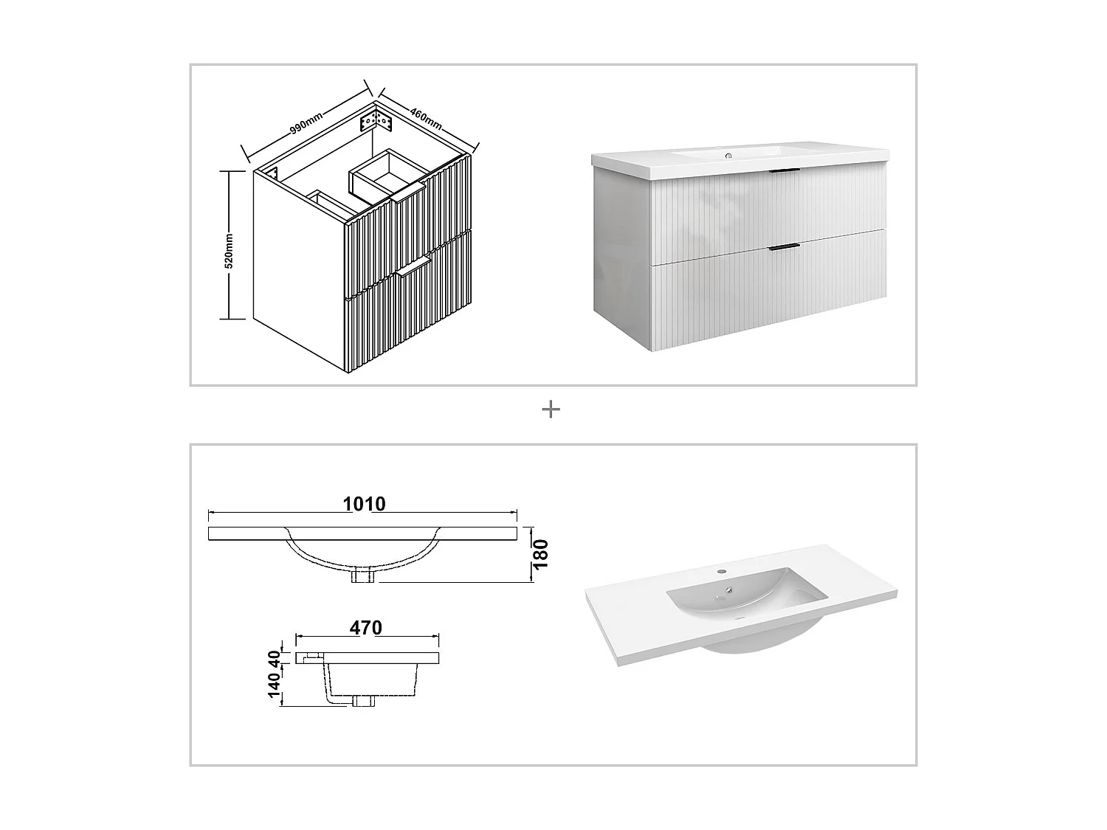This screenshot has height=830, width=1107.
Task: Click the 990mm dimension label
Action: point(306,122)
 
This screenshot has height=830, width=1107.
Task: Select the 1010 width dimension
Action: point(364,504)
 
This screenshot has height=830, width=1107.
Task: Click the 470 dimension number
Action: point(366,628)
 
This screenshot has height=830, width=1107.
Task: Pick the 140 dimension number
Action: point(275,685)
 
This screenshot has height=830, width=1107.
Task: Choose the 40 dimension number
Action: point(275,658)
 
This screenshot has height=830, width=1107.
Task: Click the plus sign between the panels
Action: point(551,409)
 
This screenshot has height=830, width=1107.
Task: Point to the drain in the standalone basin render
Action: point(728,590)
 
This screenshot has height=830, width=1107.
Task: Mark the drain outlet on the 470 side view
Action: point(363,700)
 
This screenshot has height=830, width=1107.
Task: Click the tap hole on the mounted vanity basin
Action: point(728,156)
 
